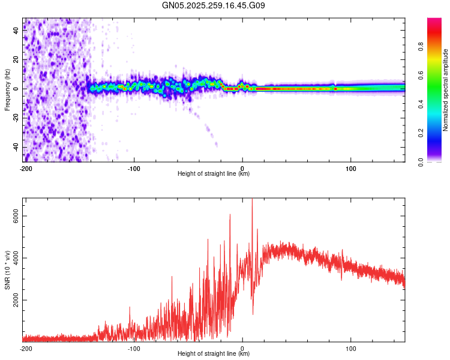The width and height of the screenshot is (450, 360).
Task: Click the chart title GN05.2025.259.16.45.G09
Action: coord(214,5)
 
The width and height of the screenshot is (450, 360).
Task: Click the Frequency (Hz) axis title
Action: coord(7,89)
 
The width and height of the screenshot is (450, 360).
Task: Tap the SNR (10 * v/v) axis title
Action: coord(7,269)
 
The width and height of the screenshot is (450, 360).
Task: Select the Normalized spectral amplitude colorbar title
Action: coord(445,90)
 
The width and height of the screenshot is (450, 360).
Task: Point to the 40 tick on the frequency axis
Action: coord(16,31)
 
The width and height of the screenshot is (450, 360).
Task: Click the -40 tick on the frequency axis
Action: coord(16,148)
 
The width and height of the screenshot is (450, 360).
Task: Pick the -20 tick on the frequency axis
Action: coord(16,118)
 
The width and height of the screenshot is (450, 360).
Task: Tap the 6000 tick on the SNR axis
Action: coord(16,215)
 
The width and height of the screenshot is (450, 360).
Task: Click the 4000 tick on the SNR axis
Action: coord(16,257)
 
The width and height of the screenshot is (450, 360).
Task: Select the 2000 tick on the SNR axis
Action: coord(16,300)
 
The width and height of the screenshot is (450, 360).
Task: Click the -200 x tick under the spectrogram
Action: coord(25,168)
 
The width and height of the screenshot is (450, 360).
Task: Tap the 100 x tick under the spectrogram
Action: coord(350,168)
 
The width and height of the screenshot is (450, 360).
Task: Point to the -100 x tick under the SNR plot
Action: coord(134,348)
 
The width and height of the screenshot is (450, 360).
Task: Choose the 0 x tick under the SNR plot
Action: coord(242,348)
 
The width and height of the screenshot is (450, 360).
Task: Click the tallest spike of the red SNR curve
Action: coord(252,200)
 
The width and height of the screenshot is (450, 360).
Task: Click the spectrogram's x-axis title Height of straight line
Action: coord(214,174)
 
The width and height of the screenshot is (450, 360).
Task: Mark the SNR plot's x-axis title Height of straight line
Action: coord(214,354)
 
